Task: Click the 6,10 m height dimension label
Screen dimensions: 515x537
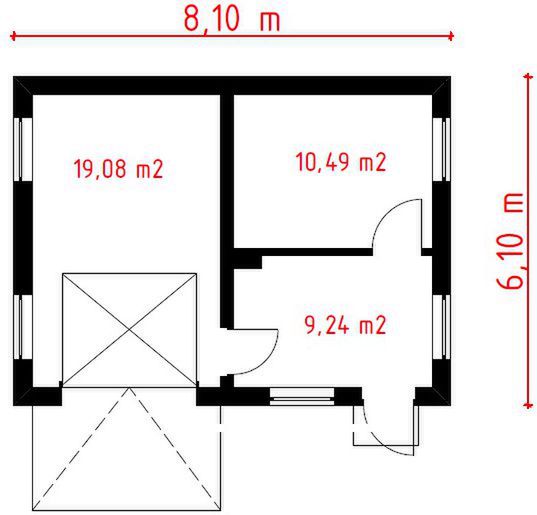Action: coord(511,239)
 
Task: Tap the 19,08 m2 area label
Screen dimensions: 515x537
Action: coord(118,169)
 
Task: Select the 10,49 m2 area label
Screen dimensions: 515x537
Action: coord(340,162)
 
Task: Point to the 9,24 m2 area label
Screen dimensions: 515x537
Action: coord(344,324)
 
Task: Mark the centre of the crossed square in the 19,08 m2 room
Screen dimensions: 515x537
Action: coord(127,329)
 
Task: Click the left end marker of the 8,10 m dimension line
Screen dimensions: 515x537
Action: coord(14,37)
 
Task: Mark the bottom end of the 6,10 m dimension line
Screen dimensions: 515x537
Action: coord(526,405)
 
